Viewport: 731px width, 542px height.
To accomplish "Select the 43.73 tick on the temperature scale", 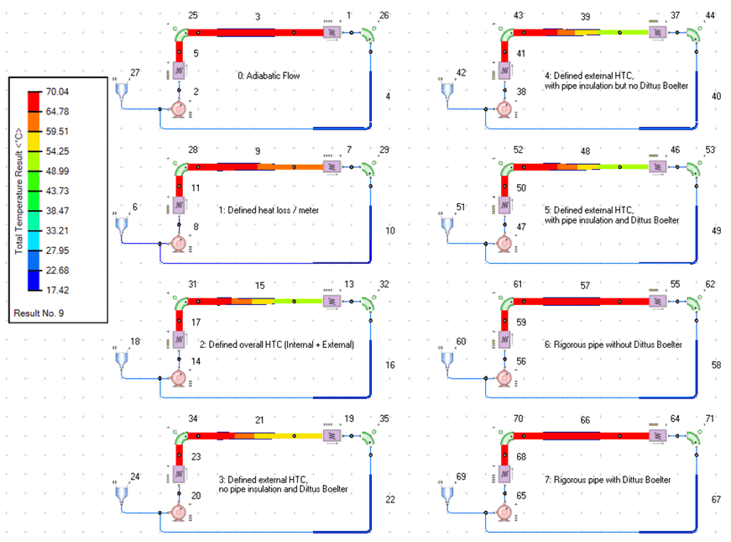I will [58, 190].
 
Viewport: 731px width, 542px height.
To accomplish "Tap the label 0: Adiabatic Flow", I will [269, 76].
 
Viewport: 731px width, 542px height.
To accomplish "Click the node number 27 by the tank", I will [136, 73].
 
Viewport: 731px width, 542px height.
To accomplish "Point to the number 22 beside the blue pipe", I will [389, 500].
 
